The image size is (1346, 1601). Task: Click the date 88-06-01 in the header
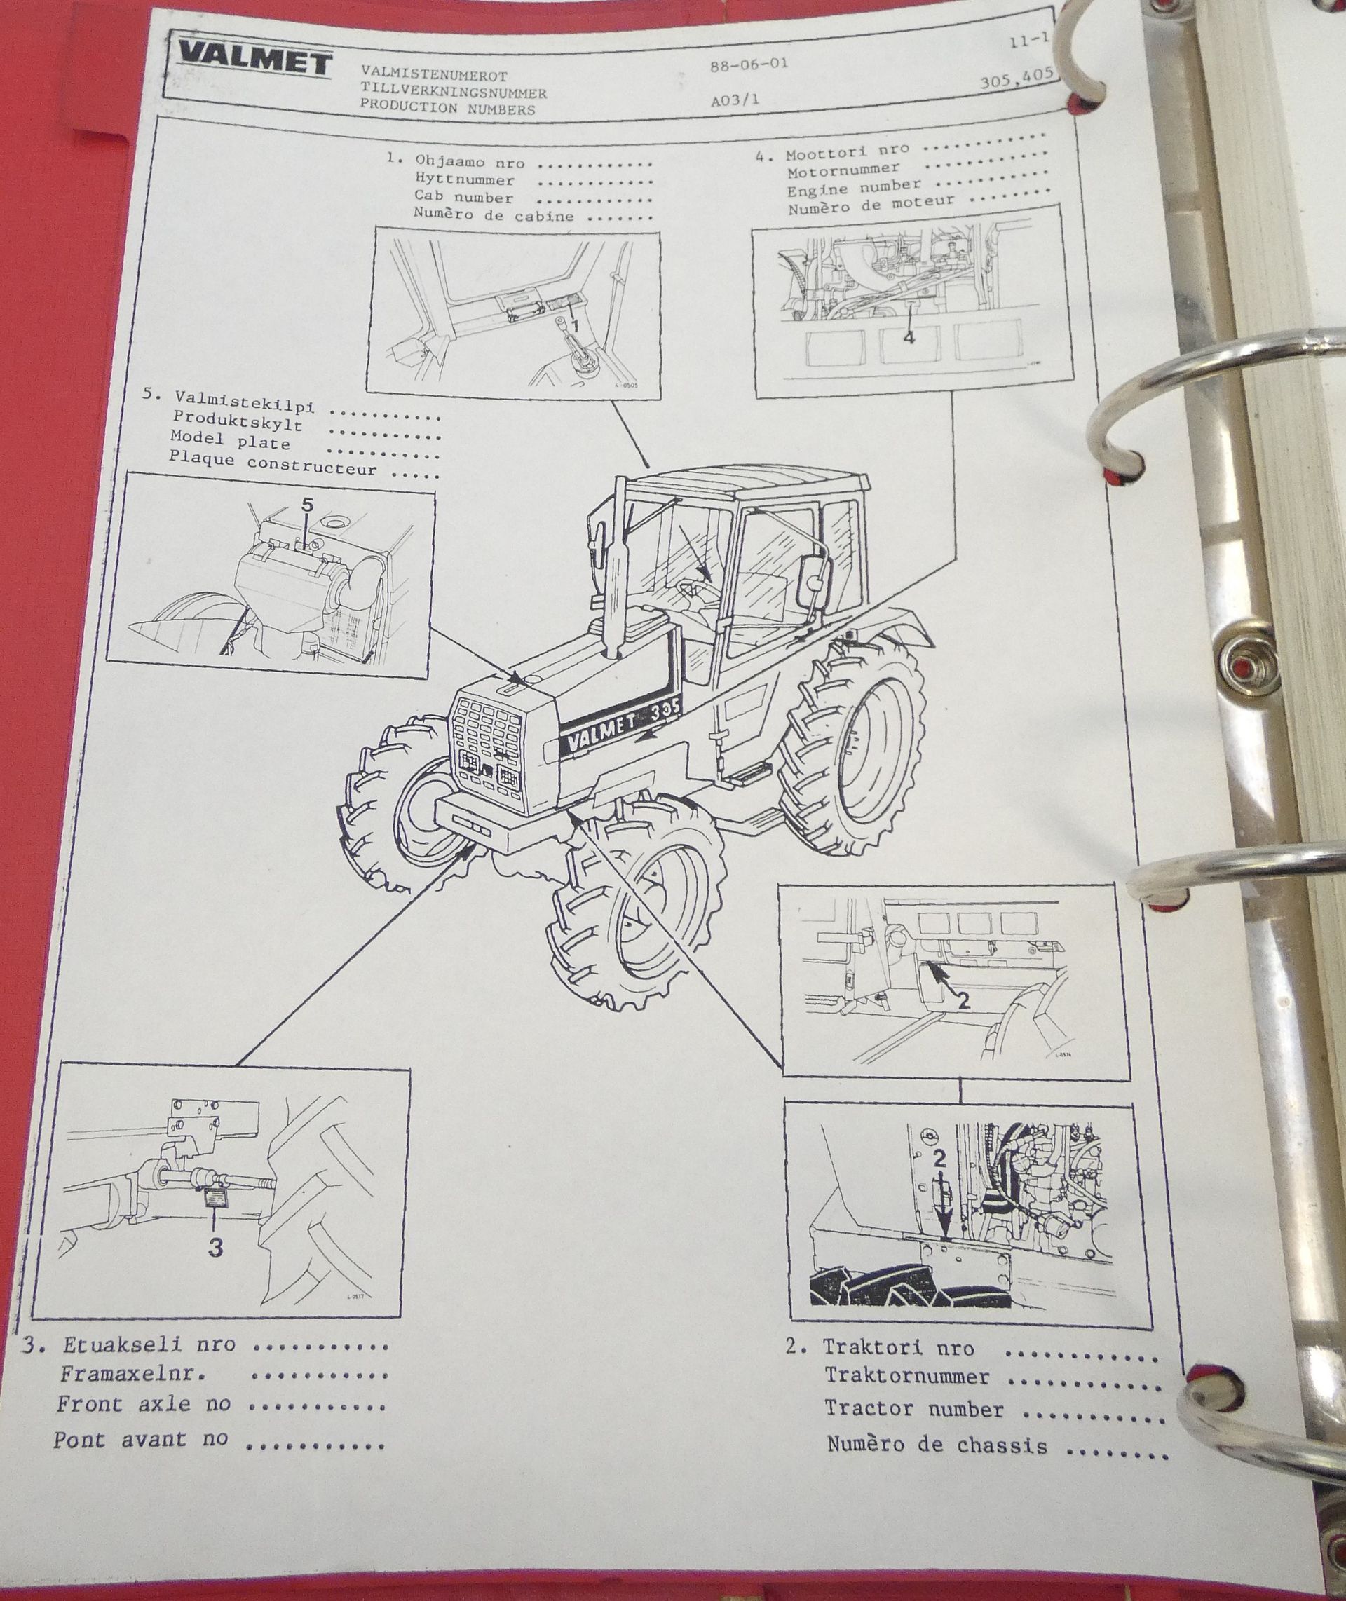tap(747, 66)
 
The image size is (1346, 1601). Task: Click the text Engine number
tap(853, 187)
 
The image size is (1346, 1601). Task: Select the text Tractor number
tap(913, 1409)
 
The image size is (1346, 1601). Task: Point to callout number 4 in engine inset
tap(908, 336)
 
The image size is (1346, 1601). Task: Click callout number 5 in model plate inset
tap(307, 504)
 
